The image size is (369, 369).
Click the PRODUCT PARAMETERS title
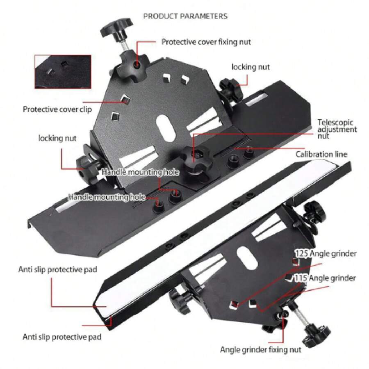(185, 16)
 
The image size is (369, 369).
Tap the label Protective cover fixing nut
(206, 42)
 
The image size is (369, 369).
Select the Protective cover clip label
(57, 109)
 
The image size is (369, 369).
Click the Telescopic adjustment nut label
(337, 129)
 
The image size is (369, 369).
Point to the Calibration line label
(321, 155)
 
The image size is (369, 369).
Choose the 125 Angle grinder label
(326, 254)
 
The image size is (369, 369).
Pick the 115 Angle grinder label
(325, 278)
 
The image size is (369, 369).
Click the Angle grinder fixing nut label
(260, 350)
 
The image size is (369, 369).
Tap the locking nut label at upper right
(251, 67)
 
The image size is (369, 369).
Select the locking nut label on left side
(57, 138)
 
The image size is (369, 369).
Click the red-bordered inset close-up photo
(63, 72)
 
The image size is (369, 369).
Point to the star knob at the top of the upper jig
(117, 27)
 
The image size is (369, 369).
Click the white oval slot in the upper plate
(166, 128)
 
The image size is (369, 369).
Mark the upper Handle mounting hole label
(140, 172)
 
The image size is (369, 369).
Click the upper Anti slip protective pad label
(58, 269)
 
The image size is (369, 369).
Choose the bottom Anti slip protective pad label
(62, 337)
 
